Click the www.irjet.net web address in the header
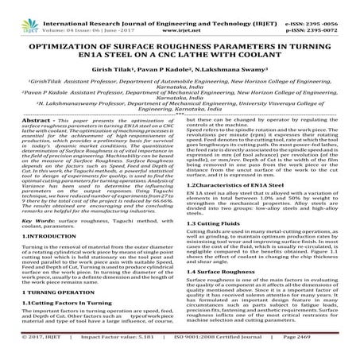181,15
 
